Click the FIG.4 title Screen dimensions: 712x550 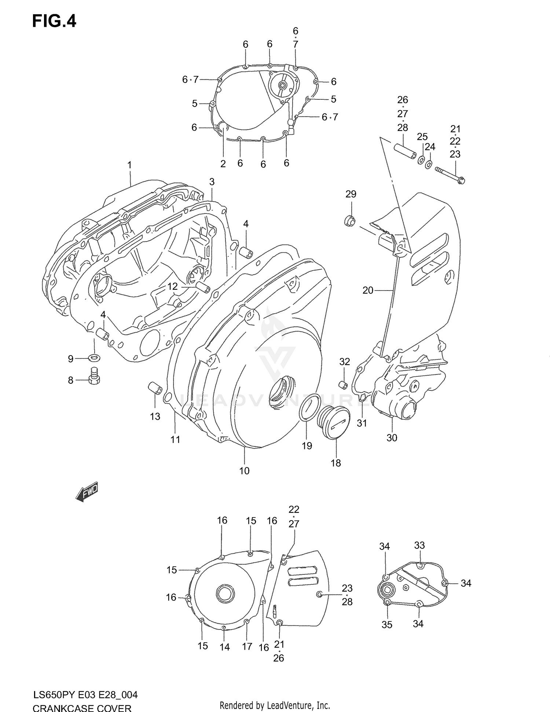point(54,21)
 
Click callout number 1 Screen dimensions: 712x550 point(129,165)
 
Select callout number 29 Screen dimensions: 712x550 point(351,194)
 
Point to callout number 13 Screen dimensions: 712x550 point(155,416)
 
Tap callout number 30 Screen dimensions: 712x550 point(392,438)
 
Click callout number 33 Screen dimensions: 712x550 point(419,545)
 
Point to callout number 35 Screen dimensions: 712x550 point(387,624)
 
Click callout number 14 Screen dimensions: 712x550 point(224,647)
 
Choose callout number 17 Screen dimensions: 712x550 point(247,646)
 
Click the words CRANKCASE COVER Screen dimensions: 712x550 point(82,708)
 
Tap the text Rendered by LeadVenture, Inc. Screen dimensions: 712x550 point(275,705)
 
